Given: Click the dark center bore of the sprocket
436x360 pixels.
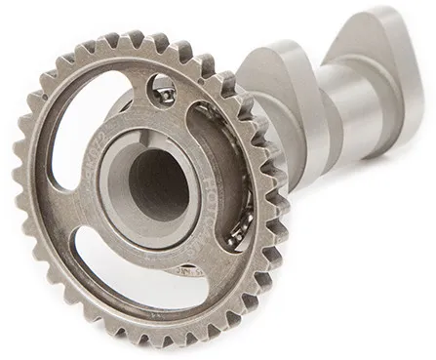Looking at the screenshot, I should pos(156,182).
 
